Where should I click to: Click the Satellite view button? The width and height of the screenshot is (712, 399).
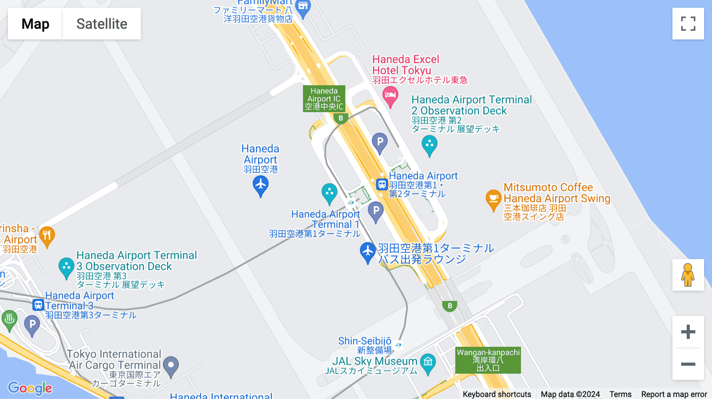[x=102, y=24]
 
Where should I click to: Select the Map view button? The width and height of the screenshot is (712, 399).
[x=35, y=24]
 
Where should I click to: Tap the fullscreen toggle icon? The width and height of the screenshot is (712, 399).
[x=688, y=24]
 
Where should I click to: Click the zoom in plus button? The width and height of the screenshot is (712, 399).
[x=688, y=332]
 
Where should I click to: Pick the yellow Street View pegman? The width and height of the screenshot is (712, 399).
[x=688, y=275]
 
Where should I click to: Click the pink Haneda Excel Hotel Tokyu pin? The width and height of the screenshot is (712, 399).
[x=390, y=96]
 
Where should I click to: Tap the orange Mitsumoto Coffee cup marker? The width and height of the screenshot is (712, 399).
[x=493, y=199]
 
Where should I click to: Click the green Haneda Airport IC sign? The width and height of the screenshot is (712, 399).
[x=324, y=99]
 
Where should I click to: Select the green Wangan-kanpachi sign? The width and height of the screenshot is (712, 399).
[x=488, y=360]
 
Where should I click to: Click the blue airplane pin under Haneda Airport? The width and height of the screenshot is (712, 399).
[x=260, y=185]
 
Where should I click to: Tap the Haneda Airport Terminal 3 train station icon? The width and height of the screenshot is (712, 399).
[x=38, y=305]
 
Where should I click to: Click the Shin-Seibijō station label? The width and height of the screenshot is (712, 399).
[x=365, y=341]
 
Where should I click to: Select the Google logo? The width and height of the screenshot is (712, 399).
[x=30, y=388]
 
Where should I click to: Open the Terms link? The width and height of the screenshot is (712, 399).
[x=620, y=394]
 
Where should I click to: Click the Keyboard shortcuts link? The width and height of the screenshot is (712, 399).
[x=497, y=394]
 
